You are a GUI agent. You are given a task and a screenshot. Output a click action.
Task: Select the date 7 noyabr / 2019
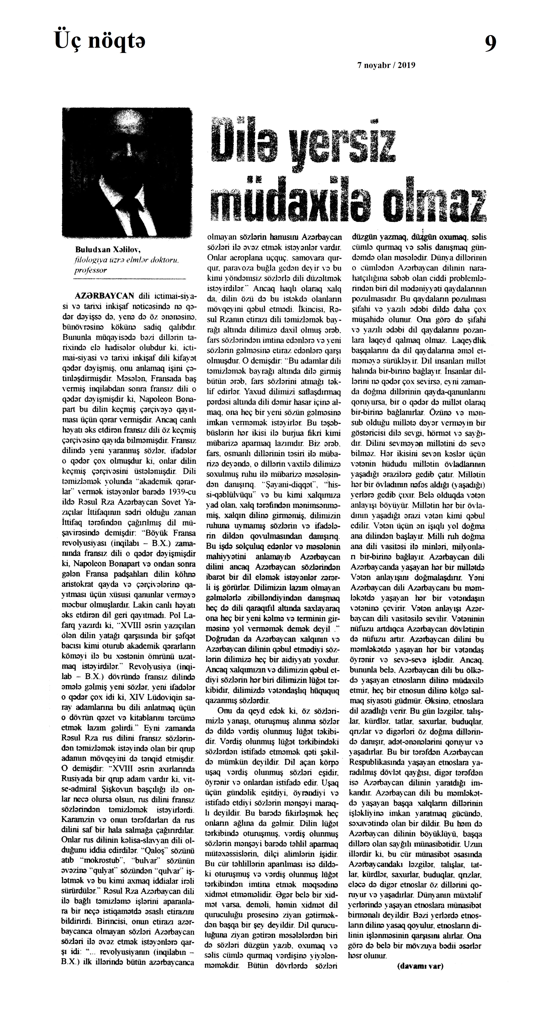[x=386, y=66]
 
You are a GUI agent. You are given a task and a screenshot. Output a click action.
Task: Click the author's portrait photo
[x=127, y=172]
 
